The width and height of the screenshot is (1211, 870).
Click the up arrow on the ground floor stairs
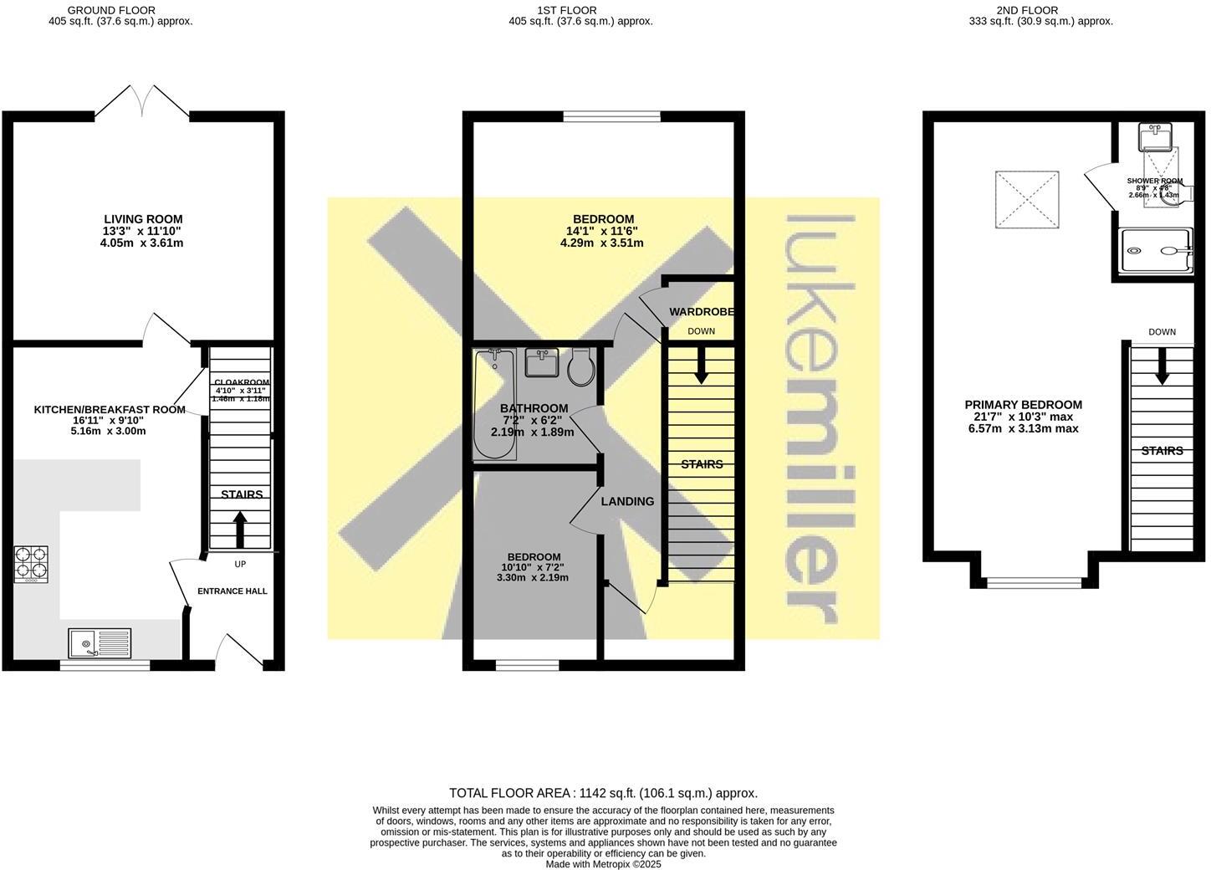[240, 530]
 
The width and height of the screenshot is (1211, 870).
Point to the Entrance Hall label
[232, 591]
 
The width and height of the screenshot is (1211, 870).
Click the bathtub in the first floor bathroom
[494, 405]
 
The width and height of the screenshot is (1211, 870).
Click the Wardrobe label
[702, 312]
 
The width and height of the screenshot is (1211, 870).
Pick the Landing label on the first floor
[627, 502]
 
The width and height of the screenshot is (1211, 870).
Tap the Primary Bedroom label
[1023, 405]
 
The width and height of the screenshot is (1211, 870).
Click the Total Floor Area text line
[603, 793]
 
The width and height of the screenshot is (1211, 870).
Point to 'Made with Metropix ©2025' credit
[603, 864]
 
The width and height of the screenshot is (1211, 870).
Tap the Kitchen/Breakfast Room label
[110, 410]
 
